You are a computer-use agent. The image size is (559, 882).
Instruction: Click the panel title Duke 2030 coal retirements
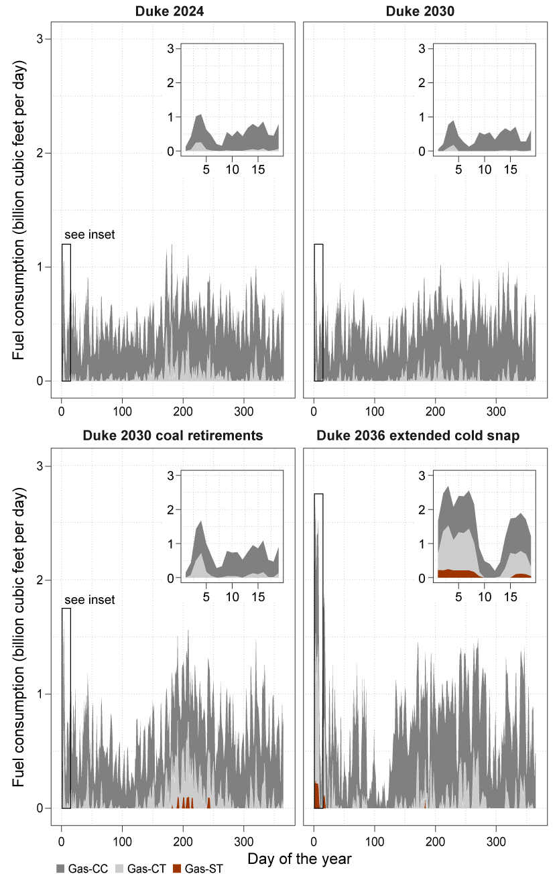(x=173, y=436)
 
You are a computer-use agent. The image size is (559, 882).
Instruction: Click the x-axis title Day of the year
(x=299, y=859)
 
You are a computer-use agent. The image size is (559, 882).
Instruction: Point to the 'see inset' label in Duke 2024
(x=90, y=235)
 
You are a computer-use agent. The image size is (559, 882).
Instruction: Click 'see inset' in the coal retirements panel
(x=90, y=600)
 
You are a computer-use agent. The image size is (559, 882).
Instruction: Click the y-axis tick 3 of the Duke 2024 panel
(x=40, y=40)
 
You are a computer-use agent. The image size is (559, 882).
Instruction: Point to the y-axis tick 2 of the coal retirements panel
(x=40, y=580)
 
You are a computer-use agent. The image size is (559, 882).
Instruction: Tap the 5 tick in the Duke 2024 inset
(x=206, y=170)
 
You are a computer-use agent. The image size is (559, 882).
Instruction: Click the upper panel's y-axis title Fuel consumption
(x=19, y=210)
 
